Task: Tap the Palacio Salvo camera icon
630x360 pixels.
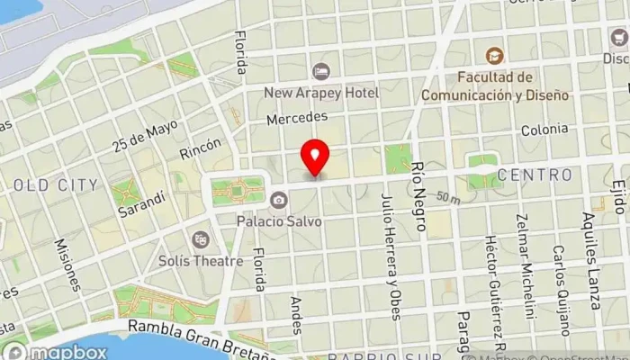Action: tap(279, 200)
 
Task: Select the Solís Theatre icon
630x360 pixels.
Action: tap(200, 239)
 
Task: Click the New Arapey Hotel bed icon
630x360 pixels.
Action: tap(321, 71)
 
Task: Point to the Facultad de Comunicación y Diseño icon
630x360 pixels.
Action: tap(492, 56)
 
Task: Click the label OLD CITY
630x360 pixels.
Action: tap(56, 185)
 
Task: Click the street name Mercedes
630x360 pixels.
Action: tap(296, 117)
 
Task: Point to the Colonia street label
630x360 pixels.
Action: tap(544, 129)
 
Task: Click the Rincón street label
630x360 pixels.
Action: tap(200, 147)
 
